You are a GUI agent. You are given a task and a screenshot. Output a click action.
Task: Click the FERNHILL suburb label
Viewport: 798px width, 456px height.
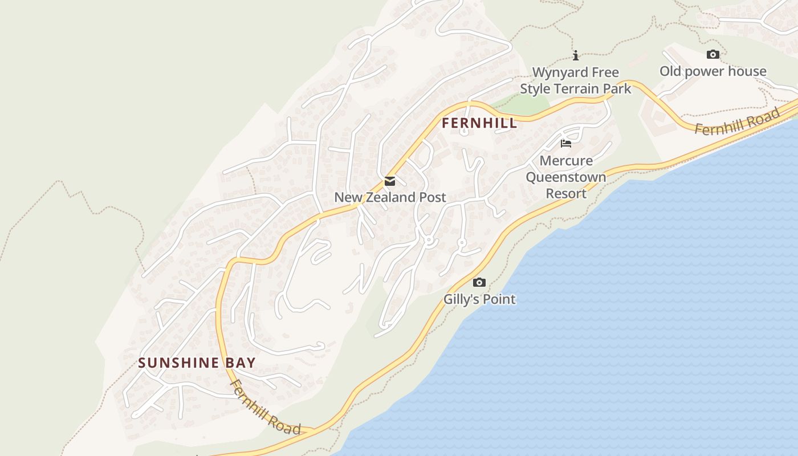(x=479, y=123)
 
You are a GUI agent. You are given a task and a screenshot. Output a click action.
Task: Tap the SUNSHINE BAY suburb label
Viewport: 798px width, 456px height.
(x=197, y=363)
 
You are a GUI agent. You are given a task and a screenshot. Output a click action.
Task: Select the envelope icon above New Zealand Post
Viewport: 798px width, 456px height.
(x=390, y=181)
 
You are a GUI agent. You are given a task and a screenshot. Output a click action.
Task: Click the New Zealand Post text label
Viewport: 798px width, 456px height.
(x=390, y=198)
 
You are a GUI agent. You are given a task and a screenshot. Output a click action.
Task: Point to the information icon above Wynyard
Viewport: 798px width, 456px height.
(x=576, y=55)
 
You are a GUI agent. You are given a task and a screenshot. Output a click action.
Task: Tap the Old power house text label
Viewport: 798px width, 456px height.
(x=712, y=71)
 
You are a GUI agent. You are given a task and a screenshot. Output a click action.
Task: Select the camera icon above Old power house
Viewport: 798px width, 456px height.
(x=712, y=55)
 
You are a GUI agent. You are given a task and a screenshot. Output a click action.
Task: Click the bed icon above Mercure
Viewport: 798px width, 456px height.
(x=566, y=144)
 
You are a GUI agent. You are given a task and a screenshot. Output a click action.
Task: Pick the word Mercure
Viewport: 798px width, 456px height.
(x=566, y=161)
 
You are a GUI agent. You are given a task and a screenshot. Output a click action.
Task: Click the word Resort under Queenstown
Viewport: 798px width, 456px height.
(x=566, y=194)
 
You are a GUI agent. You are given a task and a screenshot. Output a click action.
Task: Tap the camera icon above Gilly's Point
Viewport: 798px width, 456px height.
(x=479, y=282)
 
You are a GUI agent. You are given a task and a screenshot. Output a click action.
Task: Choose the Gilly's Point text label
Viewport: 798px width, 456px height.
(x=479, y=299)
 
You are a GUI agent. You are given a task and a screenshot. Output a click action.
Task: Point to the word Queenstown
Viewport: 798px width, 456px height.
(x=566, y=177)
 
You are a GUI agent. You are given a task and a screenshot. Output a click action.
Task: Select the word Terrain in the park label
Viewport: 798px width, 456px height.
(x=578, y=89)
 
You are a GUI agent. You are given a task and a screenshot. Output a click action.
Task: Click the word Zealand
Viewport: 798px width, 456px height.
(x=388, y=198)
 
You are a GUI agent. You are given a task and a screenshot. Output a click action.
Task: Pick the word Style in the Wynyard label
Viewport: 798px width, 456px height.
(x=535, y=89)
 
